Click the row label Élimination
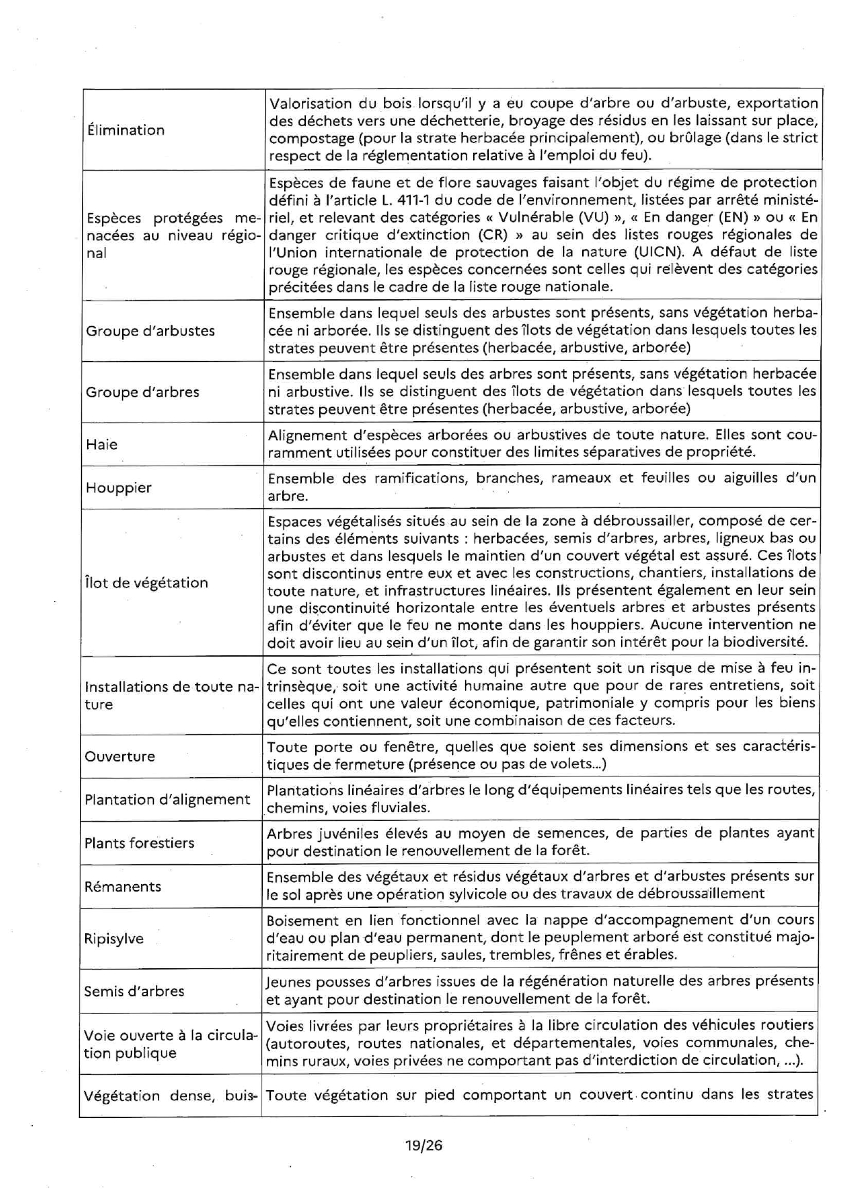click(x=125, y=130)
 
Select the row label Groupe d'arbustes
click(x=150, y=331)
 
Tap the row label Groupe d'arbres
click(x=142, y=392)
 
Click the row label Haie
click(x=101, y=444)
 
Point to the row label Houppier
click(x=118, y=488)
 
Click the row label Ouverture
click(x=120, y=757)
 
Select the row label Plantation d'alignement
click(x=168, y=800)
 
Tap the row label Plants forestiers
click(x=140, y=843)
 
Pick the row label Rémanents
click(x=123, y=887)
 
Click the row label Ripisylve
click(x=114, y=939)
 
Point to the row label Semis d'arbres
click(x=134, y=991)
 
